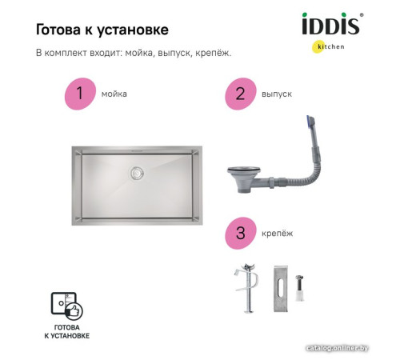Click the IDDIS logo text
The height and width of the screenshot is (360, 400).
(x=330, y=26)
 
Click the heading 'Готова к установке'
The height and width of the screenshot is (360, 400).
(x=102, y=30)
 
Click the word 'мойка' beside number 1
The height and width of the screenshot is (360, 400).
(x=114, y=94)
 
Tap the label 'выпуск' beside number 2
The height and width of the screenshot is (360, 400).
(x=276, y=94)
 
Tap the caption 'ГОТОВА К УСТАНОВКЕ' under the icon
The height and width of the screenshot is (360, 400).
(x=67, y=332)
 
